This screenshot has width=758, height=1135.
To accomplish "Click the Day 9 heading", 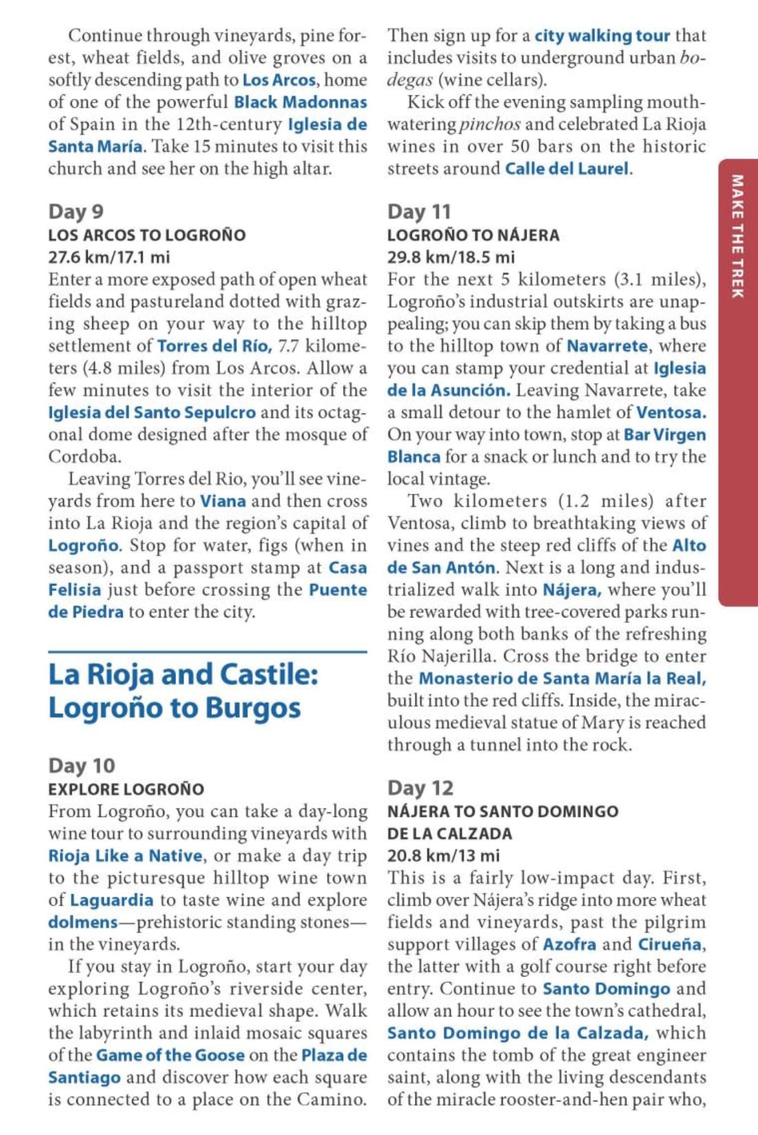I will tap(76, 211).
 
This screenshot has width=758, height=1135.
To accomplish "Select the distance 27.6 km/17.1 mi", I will tap(109, 257).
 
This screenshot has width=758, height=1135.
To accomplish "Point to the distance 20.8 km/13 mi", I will tap(443, 856).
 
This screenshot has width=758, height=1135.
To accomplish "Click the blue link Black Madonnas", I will tap(300, 102).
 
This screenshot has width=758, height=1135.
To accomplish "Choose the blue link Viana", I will tap(223, 501).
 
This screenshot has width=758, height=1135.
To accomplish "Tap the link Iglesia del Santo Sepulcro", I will tap(151, 413).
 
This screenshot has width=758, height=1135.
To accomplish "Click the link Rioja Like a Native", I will tap(125, 856).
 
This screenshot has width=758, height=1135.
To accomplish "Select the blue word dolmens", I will tap(83, 922).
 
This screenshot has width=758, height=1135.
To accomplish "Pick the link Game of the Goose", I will tap(170, 1055).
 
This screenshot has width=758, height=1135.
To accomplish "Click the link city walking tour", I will tap(602, 36).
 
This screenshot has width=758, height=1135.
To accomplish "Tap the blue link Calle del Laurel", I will tap(567, 169).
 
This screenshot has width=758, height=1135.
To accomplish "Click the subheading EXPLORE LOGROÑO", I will tap(126, 789).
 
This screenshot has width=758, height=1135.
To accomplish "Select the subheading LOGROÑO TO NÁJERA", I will tap(473, 235).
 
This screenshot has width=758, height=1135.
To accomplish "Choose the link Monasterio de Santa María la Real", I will tap(562, 679).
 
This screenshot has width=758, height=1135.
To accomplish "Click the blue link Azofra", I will tap(570, 944).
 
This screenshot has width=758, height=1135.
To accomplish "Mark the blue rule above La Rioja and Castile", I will tap(207, 651).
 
